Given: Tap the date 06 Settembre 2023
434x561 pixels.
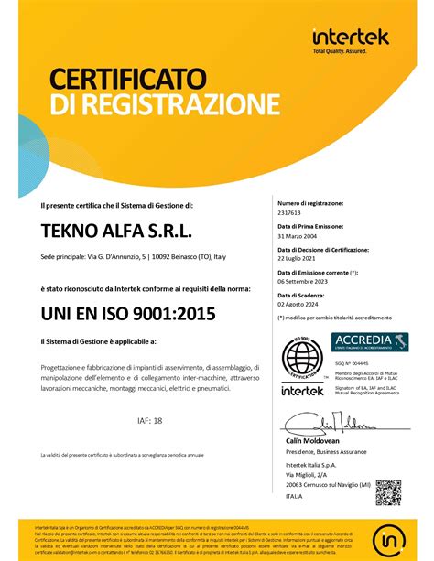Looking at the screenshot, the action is pos(309,281).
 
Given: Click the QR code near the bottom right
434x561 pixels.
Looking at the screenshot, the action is pos(387,493).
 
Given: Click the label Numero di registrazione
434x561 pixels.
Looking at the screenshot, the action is pos(309,203).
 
